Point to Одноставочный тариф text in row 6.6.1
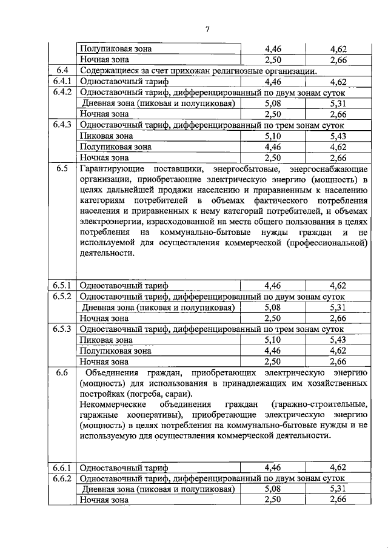[x=124, y=468]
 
